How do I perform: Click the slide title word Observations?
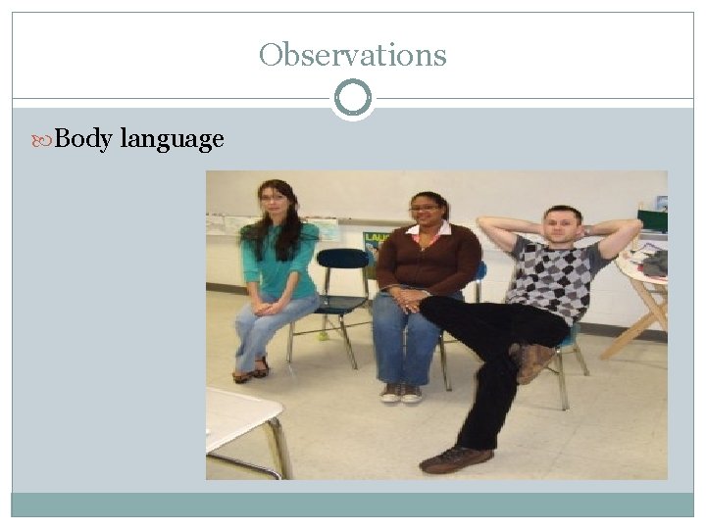[352, 55]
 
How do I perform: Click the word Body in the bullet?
[82, 139]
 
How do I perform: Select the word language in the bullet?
[172, 140]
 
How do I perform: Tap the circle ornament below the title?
[353, 98]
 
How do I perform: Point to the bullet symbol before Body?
[45, 139]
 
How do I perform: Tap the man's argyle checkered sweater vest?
[554, 277]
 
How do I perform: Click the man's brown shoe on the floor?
[456, 458]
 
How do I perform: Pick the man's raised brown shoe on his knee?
[535, 361]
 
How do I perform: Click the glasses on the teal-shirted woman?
[274, 199]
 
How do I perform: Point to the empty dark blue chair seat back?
[341, 260]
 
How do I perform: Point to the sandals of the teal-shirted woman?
[252, 370]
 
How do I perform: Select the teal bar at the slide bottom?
[353, 504]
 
